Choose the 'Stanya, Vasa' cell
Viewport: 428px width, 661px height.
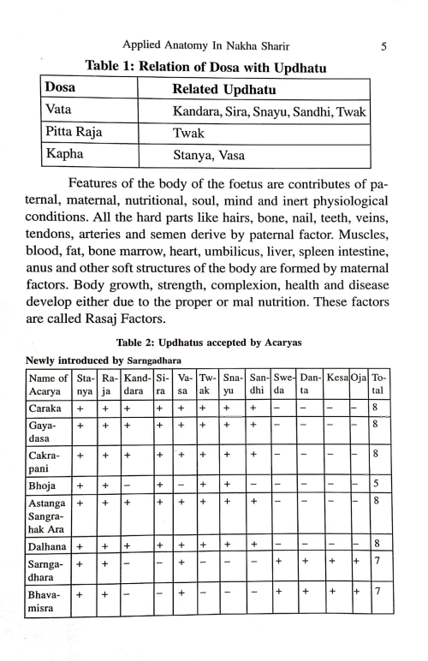pos(209,157)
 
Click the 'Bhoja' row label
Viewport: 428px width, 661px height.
pos(45,491)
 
